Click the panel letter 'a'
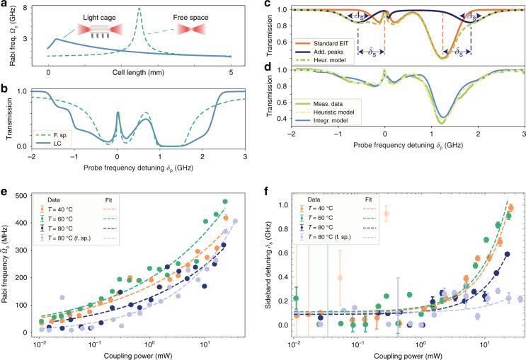[x=5, y=6]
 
